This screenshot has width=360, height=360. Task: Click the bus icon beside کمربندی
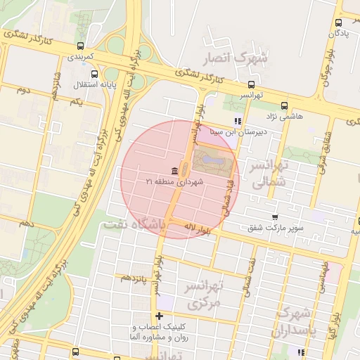click(79, 46)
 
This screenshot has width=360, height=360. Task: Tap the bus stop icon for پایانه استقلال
click(94, 74)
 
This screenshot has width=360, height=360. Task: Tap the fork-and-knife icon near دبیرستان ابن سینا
click(238, 121)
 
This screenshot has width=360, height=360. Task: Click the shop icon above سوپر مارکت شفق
click(274, 217)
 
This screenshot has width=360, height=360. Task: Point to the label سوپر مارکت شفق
click(275, 228)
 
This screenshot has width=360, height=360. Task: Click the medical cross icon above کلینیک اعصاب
click(159, 316)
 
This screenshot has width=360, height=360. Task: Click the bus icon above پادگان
click(337, 21)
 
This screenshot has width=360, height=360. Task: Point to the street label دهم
click(26, 223)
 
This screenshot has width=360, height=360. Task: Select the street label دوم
click(23, 90)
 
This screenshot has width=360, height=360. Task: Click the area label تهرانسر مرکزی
click(204, 295)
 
